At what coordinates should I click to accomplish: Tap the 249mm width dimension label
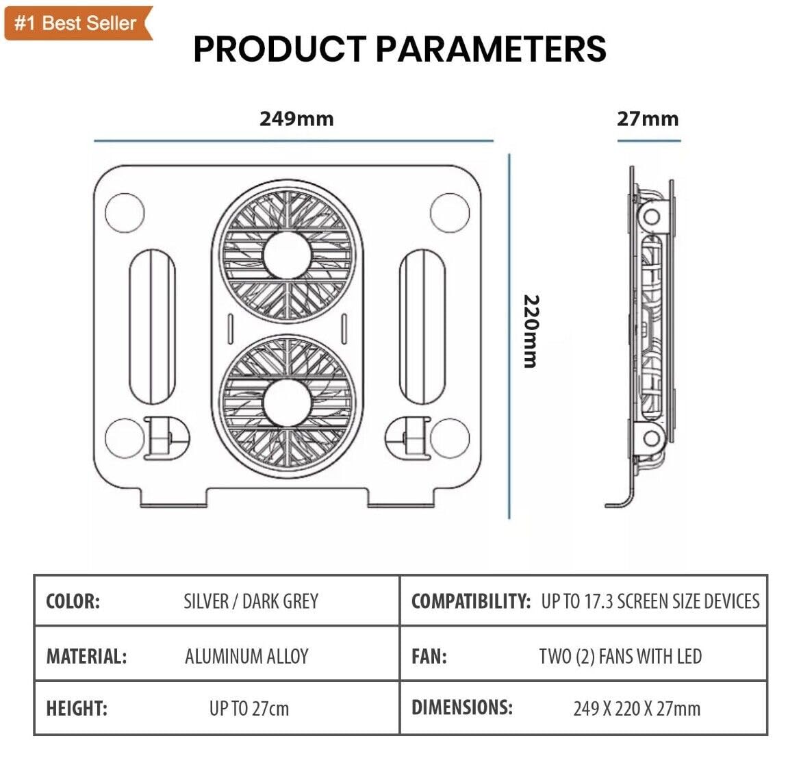(297, 118)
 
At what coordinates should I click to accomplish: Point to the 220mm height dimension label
(531, 331)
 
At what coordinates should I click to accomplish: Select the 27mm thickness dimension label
(648, 118)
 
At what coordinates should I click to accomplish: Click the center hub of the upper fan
(287, 255)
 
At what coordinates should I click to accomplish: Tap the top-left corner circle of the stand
(125, 213)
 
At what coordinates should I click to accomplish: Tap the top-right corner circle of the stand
(450, 213)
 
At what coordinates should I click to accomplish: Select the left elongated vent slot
(152, 327)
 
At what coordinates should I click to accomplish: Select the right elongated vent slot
(422, 327)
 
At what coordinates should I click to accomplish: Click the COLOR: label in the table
(73, 601)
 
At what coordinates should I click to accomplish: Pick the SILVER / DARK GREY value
(251, 601)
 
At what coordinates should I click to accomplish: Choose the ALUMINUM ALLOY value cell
(246, 656)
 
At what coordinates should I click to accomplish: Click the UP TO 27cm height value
(249, 709)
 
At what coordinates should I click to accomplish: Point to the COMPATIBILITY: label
(471, 601)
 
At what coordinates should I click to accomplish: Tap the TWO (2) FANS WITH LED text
(621, 656)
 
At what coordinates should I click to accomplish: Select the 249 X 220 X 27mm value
(637, 709)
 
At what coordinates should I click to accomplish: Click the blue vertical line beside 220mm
(509, 336)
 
